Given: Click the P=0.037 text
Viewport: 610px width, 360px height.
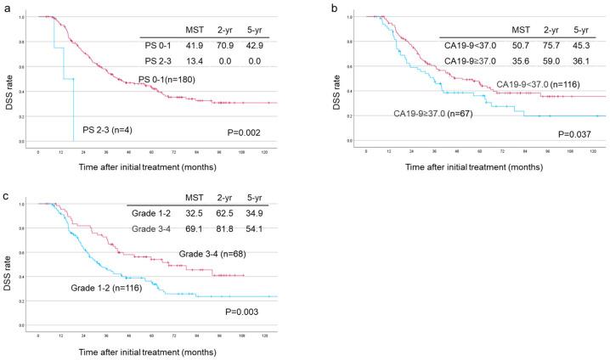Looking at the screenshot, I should coord(575,132).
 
